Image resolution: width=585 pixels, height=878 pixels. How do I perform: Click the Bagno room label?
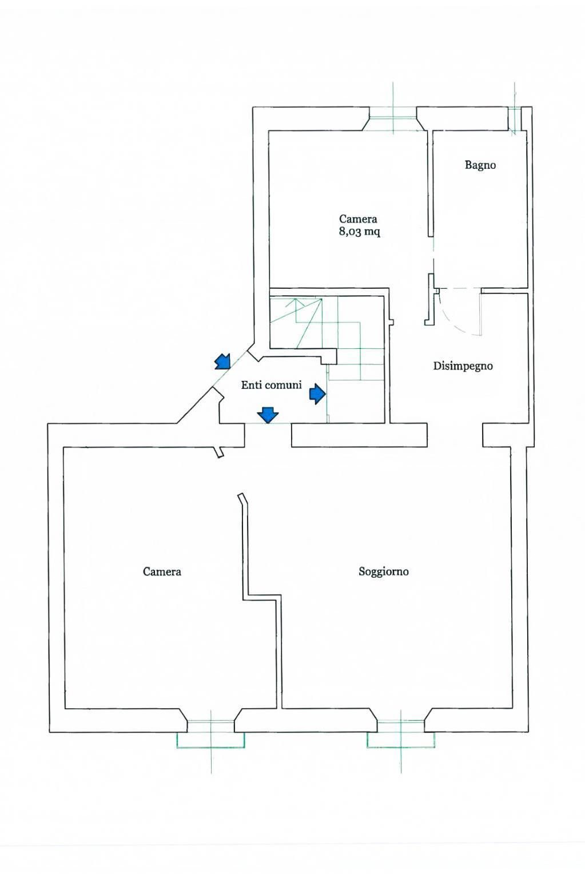(x=480, y=165)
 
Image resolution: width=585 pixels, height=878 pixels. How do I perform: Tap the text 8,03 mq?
(x=359, y=232)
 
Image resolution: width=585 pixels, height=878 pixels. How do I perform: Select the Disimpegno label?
(x=463, y=366)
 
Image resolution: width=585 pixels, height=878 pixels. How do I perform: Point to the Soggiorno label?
(x=383, y=571)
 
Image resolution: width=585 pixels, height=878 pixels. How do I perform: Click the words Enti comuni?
(x=271, y=386)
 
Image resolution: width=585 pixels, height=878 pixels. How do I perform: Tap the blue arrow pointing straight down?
(x=268, y=414)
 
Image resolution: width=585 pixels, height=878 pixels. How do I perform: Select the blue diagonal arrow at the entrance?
(x=222, y=361)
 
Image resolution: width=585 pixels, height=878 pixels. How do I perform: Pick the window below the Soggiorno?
(x=400, y=733)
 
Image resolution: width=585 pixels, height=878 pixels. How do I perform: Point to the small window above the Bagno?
(x=515, y=119)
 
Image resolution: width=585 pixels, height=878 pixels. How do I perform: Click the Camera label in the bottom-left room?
(x=162, y=571)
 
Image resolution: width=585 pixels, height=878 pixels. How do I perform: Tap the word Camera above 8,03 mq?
(x=358, y=219)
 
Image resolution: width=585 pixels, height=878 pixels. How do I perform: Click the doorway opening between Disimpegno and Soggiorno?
(x=455, y=435)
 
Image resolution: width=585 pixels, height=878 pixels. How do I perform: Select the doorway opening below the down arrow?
(x=268, y=435)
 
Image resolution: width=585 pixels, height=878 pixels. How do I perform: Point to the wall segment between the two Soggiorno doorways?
(x=359, y=435)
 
